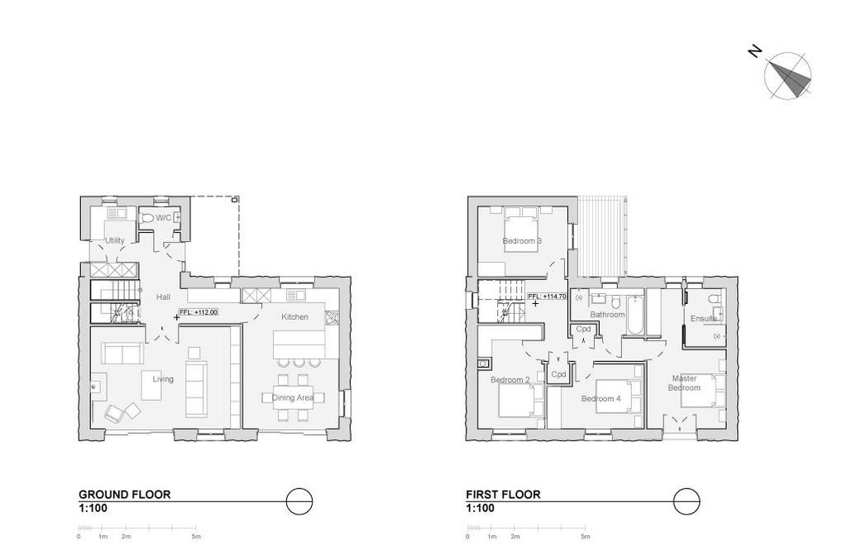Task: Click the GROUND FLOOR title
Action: [124, 495]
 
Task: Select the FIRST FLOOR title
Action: [503, 495]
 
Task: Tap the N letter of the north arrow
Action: [754, 52]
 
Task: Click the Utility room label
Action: [114, 241]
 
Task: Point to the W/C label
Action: [164, 218]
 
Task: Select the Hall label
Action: [163, 297]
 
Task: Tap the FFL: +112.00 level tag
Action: [199, 312]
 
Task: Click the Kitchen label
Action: [294, 317]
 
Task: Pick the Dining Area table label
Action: [293, 398]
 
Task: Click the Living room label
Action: [163, 379]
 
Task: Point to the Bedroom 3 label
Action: [522, 241]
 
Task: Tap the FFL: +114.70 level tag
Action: [547, 297]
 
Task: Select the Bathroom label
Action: [607, 314]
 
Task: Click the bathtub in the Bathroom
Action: [635, 314]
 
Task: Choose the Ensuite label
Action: [704, 319]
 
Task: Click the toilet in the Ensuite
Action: [714, 298]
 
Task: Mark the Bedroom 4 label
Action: [601, 398]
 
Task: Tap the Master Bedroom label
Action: [684, 383]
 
